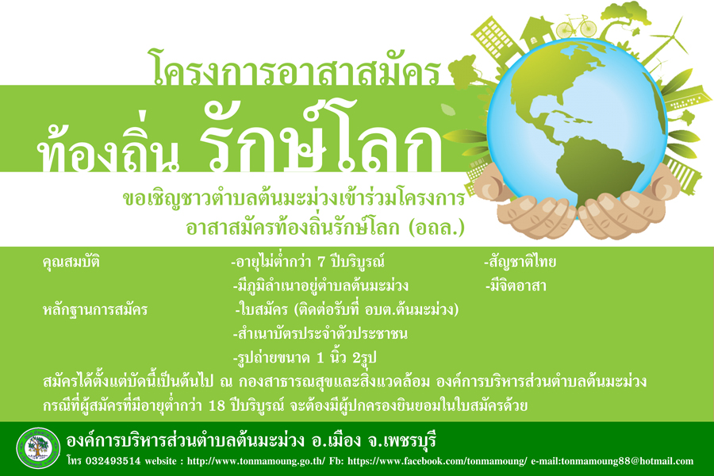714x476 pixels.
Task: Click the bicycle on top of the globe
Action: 576,26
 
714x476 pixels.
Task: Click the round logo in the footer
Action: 38,448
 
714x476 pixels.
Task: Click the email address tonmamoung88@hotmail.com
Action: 627,461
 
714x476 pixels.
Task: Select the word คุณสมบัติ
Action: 71,263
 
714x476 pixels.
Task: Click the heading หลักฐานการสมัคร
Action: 95,310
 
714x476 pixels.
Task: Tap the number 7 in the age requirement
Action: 321,262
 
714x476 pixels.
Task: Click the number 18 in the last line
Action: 217,405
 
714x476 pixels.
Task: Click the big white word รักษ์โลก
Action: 321,136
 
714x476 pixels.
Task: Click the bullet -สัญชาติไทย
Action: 520,262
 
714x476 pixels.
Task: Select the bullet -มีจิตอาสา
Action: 516,286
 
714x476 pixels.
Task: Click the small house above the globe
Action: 537,32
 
